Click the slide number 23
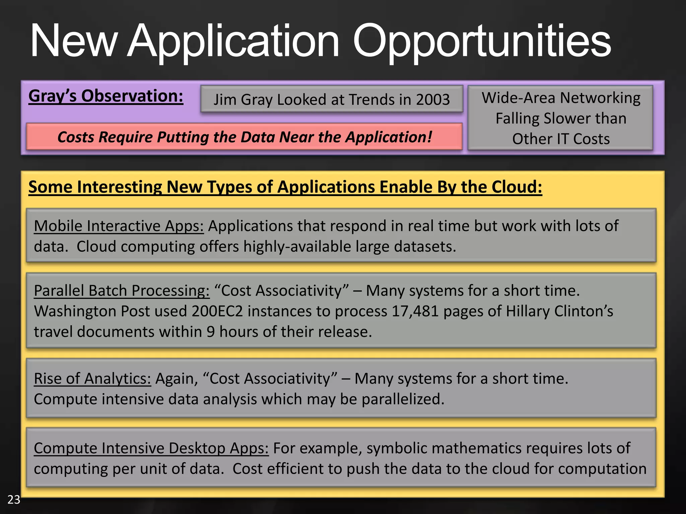[14, 499]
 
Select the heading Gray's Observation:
[106, 96]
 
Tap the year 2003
[433, 100]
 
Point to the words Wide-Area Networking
[561, 98]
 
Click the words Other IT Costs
[561, 139]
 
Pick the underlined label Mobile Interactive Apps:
[119, 226]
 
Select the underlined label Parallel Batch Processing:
[122, 290]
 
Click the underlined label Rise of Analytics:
[92, 379]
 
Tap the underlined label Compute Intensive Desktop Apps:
[151, 448]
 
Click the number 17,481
[415, 311]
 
